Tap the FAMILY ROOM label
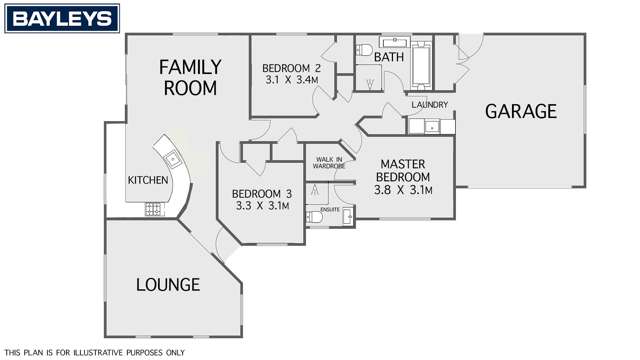tap(190, 77)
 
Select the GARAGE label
tap(521, 111)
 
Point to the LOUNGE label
tap(168, 285)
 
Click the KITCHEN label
tap(147, 180)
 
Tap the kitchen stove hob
tap(155, 208)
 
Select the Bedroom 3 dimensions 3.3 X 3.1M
tap(261, 206)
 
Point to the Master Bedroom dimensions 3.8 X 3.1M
tap(402, 189)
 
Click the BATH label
tap(388, 58)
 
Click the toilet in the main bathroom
tap(366, 50)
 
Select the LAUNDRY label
tap(429, 105)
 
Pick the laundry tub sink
tap(428, 126)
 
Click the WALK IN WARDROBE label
tap(329, 163)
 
